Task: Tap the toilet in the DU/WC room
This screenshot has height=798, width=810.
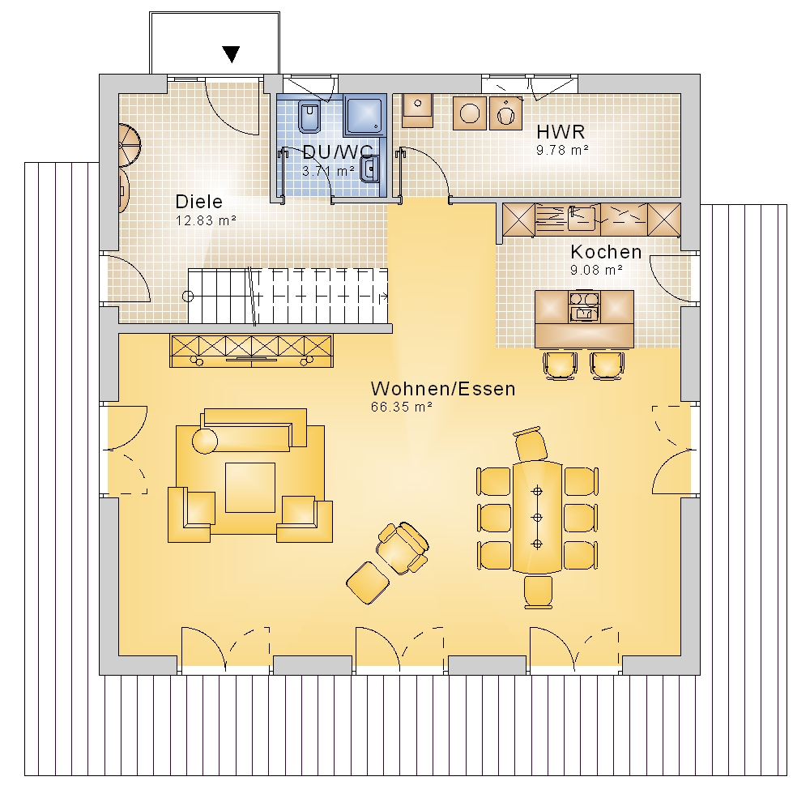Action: coord(309,117)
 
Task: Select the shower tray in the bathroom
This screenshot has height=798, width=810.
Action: coord(364,114)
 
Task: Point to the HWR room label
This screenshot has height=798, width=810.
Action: coord(561,132)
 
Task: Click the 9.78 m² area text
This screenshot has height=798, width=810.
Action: coord(563,151)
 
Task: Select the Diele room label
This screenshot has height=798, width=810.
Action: coord(199,202)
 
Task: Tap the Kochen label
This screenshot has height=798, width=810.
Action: coord(606,252)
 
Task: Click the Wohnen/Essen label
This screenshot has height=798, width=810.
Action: coord(443,389)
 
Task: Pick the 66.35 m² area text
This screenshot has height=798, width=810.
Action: coord(402,408)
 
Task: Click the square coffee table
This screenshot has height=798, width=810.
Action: coord(250,488)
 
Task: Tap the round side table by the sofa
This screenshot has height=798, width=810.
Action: coord(205,441)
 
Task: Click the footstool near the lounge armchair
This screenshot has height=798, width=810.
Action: coord(367,583)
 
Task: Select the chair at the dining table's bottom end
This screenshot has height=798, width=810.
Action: coord(539,591)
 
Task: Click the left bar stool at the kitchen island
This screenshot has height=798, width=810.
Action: coord(560,365)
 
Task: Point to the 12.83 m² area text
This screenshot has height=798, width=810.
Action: coord(206,220)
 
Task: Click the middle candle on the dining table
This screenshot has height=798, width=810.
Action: coord(537,518)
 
